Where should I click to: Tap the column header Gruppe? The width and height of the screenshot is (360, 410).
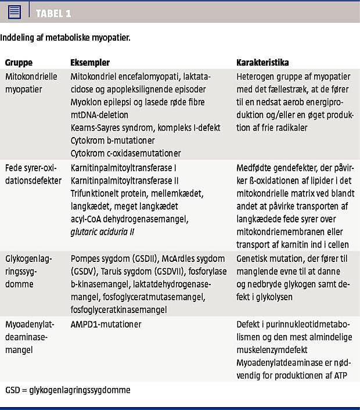pos(19,62)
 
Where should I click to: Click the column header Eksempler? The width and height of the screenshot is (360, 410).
pos(90,62)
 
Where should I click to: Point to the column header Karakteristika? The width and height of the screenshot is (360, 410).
pos(262,62)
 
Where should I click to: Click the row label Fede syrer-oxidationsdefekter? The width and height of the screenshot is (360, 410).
pos(33,174)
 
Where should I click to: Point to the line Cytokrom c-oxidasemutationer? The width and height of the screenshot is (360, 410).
pos(125,153)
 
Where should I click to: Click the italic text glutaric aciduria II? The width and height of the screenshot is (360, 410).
pos(108,232)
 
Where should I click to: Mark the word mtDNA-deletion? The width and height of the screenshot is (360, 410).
pos(99,115)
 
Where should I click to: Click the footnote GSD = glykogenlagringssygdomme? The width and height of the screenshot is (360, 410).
pos(68,390)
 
